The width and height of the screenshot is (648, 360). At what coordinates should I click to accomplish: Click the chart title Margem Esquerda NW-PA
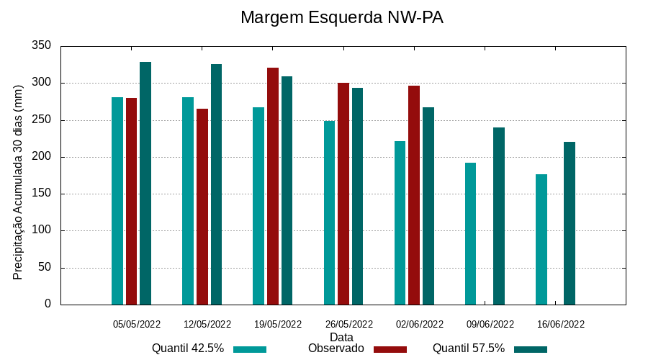(x=341, y=17)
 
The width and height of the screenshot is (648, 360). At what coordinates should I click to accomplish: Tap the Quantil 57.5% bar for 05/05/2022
(x=145, y=183)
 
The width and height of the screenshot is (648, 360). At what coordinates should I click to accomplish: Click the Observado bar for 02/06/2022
(x=414, y=195)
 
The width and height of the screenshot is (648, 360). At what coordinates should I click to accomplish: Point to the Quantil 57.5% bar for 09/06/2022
(x=499, y=216)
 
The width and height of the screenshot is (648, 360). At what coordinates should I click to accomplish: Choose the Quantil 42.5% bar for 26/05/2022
(x=329, y=212)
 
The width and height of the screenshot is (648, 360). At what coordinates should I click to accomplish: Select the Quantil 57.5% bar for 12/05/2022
(x=216, y=184)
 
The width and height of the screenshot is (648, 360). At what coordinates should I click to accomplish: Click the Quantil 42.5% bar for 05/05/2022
(x=117, y=201)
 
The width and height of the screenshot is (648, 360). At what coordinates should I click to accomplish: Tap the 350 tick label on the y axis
(x=42, y=46)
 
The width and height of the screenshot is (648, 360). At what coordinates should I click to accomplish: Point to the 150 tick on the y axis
(x=42, y=194)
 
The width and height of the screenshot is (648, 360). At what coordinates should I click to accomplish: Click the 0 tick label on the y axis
(x=48, y=304)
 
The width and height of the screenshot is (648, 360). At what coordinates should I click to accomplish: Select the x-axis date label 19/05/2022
(x=278, y=324)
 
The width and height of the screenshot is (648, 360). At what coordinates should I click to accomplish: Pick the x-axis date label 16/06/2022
(x=561, y=324)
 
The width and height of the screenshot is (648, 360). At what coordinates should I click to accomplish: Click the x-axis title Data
(x=341, y=336)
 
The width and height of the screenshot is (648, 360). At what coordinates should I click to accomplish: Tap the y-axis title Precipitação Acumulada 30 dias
(x=19, y=181)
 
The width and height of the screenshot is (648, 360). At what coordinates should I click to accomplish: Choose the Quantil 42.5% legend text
(x=187, y=348)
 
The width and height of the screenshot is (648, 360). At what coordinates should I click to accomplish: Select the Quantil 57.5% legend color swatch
(x=531, y=349)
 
